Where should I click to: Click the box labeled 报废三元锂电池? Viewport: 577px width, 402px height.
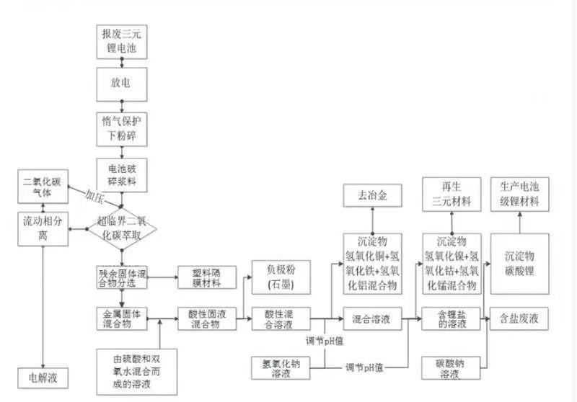click(121, 42)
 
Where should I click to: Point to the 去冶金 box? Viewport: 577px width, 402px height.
click(372, 195)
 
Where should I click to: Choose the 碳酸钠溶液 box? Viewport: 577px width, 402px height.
click(452, 370)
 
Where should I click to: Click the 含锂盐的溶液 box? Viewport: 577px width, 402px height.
click(452, 318)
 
